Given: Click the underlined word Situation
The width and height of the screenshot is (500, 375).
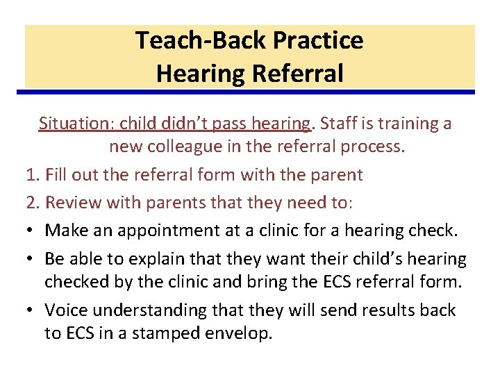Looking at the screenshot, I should pos(76,124).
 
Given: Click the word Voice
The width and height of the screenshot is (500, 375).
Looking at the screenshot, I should pos(66,310).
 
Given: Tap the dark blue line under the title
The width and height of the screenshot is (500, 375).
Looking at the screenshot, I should pos(250,92).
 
